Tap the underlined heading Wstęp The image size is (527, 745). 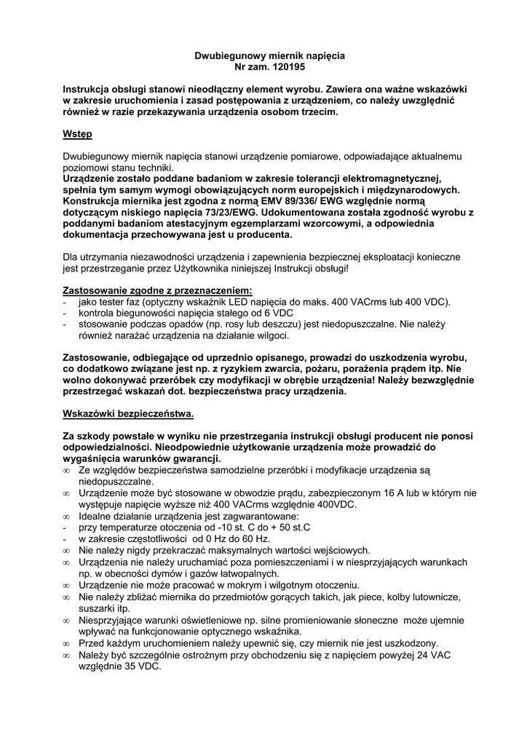(78, 135)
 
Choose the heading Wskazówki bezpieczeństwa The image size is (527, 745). (129, 414)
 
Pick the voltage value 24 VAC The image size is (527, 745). (436, 655)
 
